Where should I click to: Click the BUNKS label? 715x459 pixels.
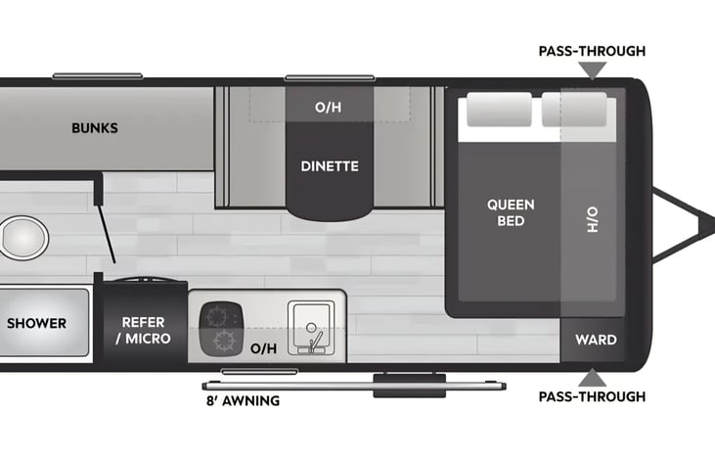point(95,128)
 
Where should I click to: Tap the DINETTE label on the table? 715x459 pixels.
point(330,166)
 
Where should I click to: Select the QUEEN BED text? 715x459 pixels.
point(511,212)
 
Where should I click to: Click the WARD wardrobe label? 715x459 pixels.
point(596,340)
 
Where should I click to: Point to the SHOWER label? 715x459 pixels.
point(37,323)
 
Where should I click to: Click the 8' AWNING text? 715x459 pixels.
point(242,400)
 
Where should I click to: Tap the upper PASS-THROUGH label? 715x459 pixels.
point(592,51)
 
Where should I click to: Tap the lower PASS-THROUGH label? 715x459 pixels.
point(592,396)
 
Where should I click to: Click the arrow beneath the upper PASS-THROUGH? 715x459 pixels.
point(592,70)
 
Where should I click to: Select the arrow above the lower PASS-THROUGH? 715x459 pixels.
point(592,377)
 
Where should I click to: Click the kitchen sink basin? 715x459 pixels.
point(310,324)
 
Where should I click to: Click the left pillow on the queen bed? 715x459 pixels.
point(498,111)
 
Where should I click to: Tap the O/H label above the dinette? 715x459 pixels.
point(328,107)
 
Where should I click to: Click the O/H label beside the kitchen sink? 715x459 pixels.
point(263,347)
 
